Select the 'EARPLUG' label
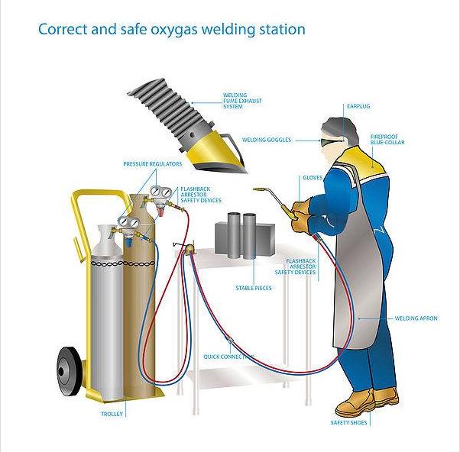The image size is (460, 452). coord(358,106)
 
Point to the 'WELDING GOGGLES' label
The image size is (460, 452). coord(267,140)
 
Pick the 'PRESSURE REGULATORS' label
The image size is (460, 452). coord(153,163)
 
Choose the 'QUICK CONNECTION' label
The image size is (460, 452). coord(228,357)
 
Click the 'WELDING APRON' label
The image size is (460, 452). coord(416,318)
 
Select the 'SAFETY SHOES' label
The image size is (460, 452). coord(346,422)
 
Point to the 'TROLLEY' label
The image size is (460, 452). coord(112,414)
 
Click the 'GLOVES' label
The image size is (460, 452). coord(313,177)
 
